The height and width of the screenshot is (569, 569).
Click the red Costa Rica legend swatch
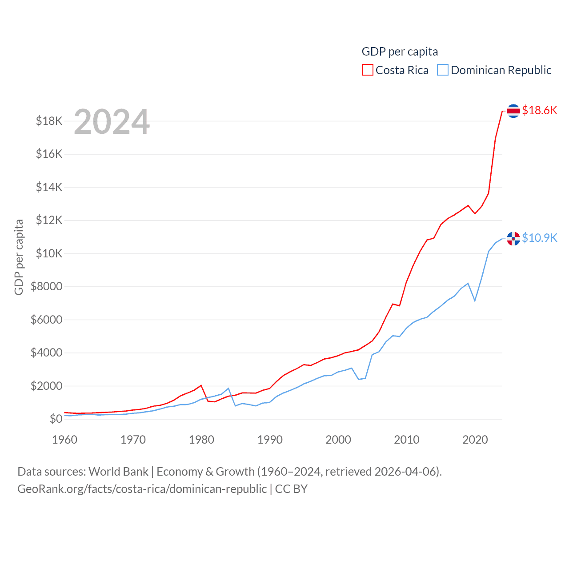point(367,70)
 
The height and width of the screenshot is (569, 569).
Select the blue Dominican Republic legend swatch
point(443,70)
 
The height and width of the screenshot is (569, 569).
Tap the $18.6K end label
point(539,110)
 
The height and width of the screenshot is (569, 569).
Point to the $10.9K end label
point(539,238)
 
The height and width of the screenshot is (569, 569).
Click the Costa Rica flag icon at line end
point(513,111)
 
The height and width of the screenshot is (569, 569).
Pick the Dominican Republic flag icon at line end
point(513,239)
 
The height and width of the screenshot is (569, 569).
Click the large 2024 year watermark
point(112,122)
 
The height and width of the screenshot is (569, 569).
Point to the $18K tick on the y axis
point(49,121)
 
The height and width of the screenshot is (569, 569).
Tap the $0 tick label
point(56,419)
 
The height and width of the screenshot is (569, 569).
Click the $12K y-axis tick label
point(49,220)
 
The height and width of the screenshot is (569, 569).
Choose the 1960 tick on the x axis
point(64,440)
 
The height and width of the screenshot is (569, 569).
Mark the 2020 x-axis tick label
point(475,440)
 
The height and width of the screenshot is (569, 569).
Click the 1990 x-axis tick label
point(270,440)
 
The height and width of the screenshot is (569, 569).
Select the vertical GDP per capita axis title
point(19,257)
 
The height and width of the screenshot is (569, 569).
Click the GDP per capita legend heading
point(400,52)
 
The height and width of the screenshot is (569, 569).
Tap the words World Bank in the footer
point(118,471)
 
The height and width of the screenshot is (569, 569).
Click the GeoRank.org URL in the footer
point(142,489)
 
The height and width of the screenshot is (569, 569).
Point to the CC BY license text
point(291,489)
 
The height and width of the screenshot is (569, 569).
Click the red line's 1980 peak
point(201,385)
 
